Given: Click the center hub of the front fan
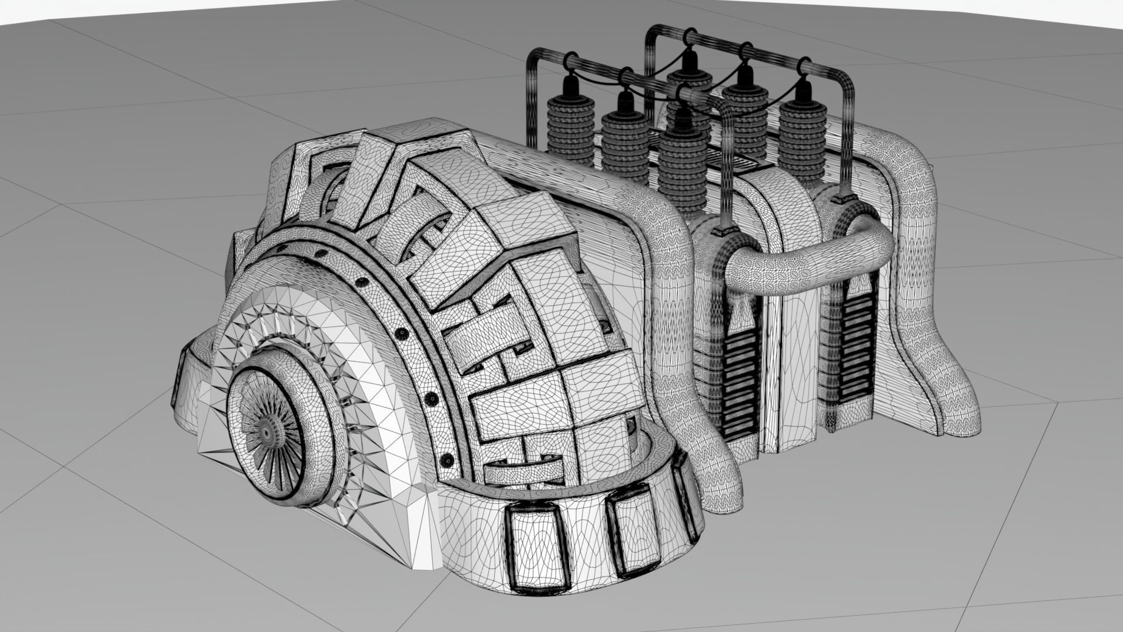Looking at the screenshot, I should pos(267,431).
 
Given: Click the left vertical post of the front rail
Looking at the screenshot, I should pos(532,99).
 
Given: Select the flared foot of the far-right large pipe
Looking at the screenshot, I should pos(948,404).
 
